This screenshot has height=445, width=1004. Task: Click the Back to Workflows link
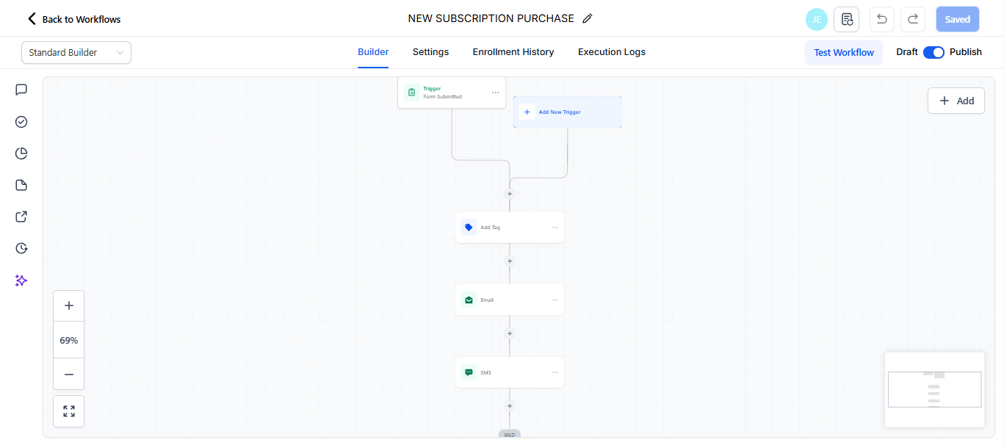tap(74, 19)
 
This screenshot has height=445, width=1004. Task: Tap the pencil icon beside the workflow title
tap(588, 19)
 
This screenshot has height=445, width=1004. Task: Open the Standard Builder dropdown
tap(76, 53)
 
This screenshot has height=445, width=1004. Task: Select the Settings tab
tap(430, 52)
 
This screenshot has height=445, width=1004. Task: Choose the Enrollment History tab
tap(513, 52)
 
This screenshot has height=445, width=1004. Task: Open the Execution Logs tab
tap(612, 52)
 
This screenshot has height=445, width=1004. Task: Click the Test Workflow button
tap(844, 53)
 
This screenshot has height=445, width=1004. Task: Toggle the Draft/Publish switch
tap(933, 52)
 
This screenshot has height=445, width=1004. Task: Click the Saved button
tap(957, 20)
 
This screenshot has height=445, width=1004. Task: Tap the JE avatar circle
tap(816, 20)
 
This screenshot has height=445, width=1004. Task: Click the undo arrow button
tap(882, 20)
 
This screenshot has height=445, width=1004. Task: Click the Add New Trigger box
tap(567, 112)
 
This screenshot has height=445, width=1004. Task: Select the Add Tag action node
tap(509, 228)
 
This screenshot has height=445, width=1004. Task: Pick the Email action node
tap(509, 300)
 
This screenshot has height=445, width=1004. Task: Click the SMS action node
tap(509, 373)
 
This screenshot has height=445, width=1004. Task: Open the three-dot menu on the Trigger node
tap(496, 93)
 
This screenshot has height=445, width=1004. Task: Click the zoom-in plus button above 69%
tap(69, 305)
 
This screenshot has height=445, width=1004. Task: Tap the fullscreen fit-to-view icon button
tap(69, 411)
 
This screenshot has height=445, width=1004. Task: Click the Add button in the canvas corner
tap(956, 101)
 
